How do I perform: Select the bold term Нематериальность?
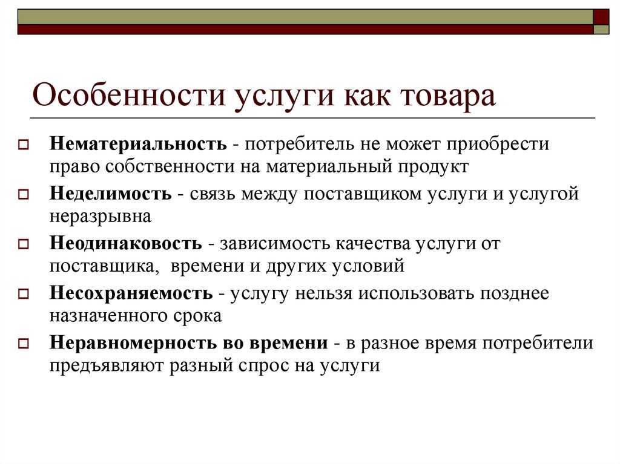139,145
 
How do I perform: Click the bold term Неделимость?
111,194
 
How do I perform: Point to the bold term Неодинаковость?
126,244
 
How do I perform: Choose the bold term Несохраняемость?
131,293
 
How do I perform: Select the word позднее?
515,293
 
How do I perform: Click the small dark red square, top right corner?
601,16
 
